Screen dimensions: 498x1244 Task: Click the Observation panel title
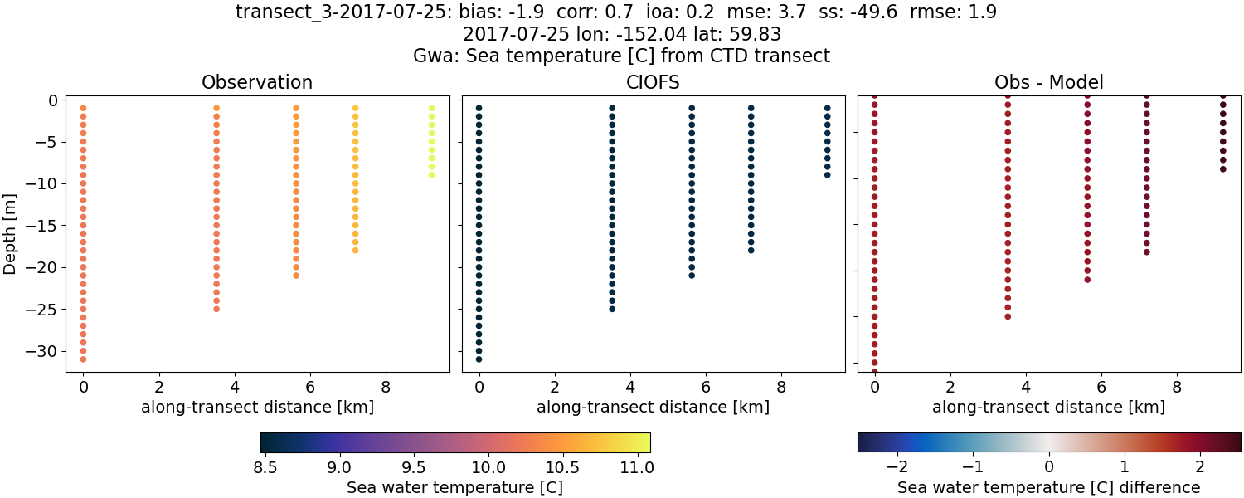257,82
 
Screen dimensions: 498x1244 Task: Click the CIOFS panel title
653,82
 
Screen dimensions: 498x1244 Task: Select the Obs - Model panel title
1048,82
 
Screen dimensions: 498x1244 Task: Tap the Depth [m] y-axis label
11,229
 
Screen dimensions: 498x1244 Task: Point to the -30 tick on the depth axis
41,351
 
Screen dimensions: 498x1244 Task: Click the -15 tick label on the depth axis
41,226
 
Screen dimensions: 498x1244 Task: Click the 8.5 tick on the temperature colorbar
265,466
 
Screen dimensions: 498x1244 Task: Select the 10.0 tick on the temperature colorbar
489,466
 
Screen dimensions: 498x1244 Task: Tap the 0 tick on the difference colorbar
1049,466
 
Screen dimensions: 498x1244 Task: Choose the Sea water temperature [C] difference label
1048,487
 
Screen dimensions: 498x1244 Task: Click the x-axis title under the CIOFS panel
653,407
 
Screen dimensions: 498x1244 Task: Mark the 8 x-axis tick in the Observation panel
386,386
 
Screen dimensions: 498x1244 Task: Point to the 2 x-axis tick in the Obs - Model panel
950,386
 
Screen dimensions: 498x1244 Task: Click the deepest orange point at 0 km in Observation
83,359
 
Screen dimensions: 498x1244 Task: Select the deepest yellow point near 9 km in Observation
431,174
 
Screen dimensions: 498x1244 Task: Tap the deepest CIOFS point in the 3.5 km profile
612,309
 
